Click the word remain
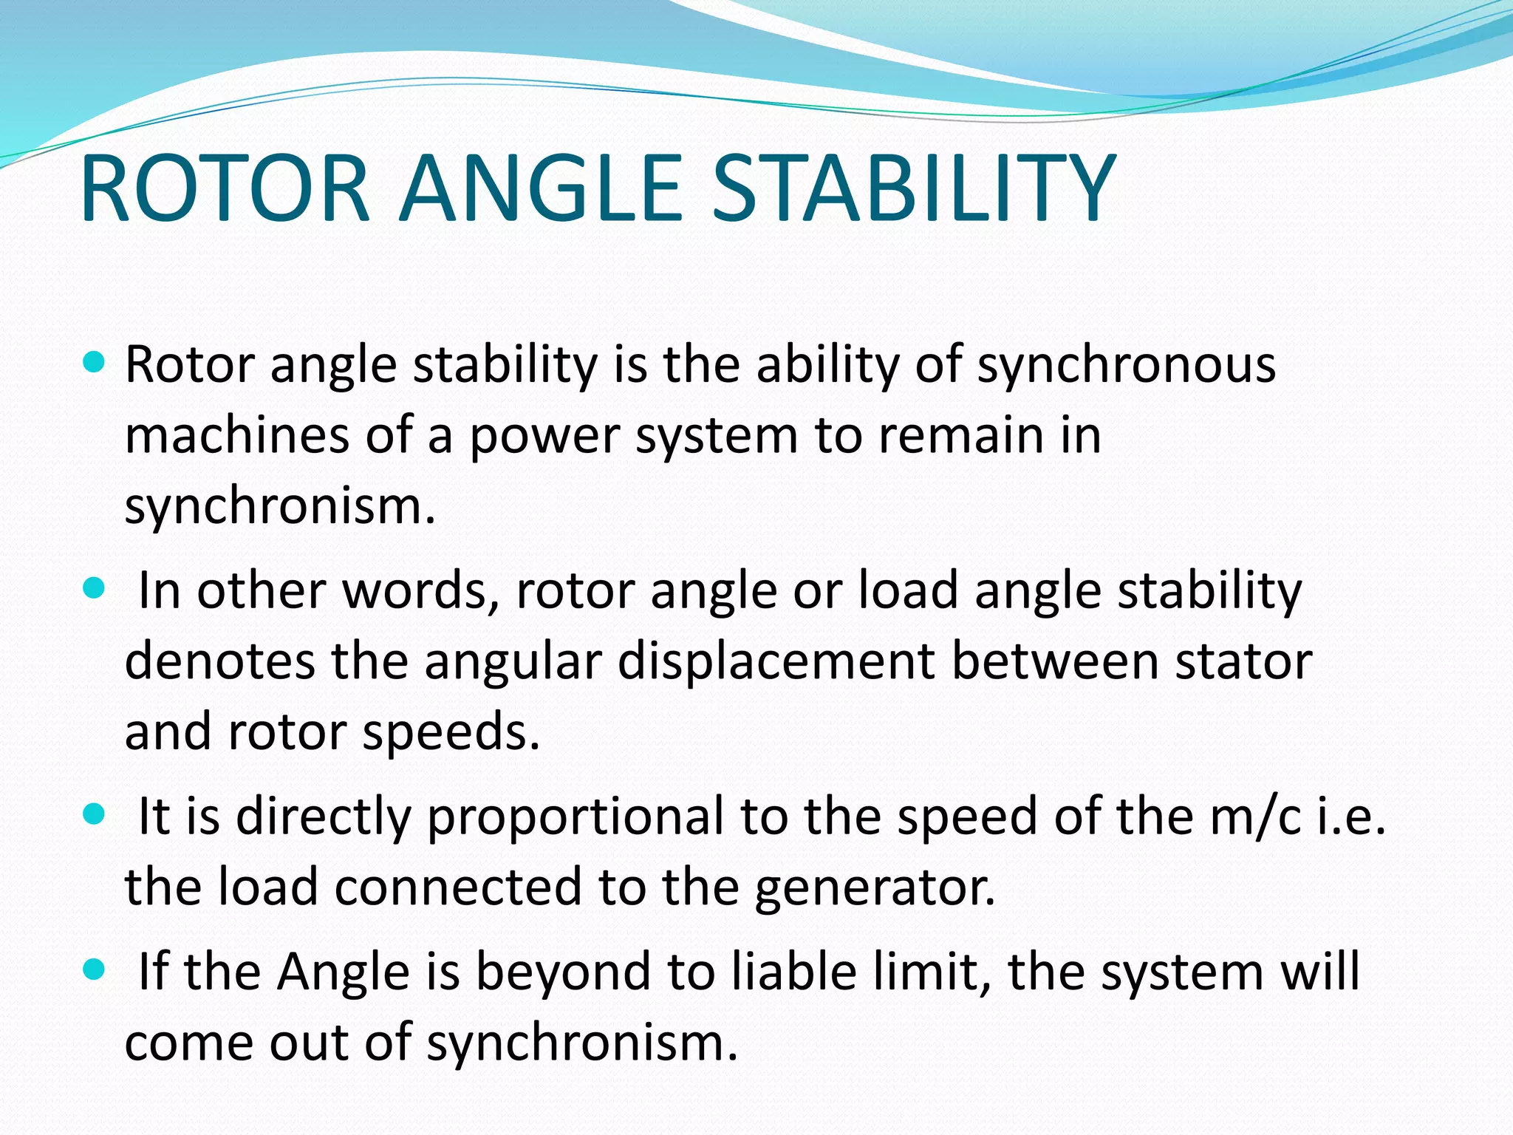965,435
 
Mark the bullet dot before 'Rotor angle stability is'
94,363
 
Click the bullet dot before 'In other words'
94,589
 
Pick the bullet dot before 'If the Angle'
94,969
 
